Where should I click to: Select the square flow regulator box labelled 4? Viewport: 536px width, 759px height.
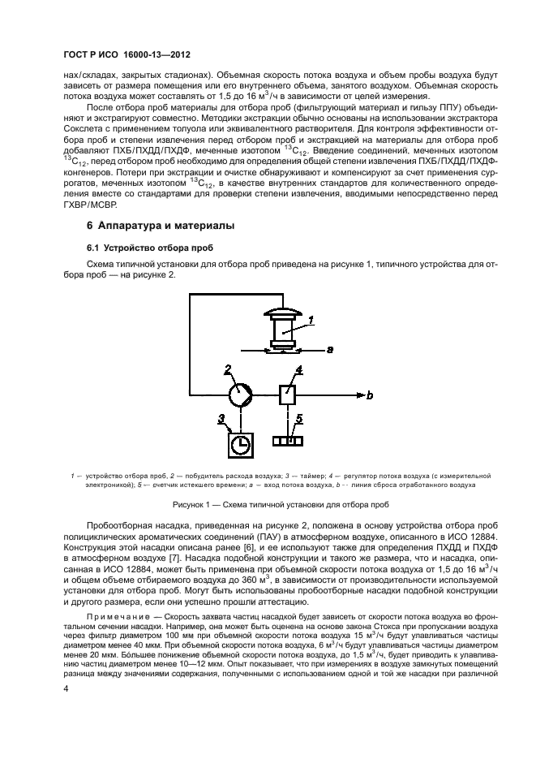coord(287,395)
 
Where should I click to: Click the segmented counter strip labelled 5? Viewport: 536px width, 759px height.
coord(287,442)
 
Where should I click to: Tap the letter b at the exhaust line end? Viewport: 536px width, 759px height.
coord(370,396)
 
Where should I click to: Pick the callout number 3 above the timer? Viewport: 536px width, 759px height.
coord(220,418)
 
